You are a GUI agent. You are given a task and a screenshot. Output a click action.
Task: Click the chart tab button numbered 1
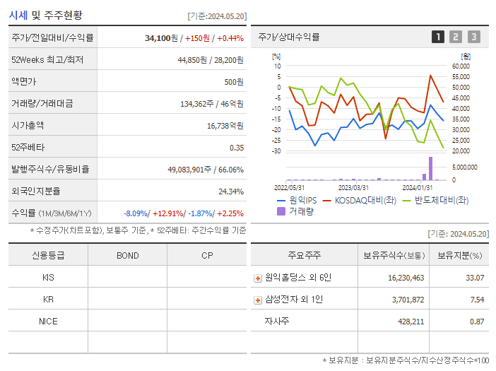[x=438, y=37]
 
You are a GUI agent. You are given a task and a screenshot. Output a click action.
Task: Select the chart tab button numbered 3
[x=473, y=37]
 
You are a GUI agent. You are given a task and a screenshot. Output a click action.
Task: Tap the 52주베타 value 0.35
[x=236, y=147]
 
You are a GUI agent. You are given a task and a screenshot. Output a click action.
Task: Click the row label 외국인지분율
[x=36, y=191]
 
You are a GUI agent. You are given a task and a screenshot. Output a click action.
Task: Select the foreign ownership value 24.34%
[x=230, y=191]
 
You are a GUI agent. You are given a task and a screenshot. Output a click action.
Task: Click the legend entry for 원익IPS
[x=295, y=200]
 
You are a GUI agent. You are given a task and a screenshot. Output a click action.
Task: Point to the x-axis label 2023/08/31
[x=353, y=187]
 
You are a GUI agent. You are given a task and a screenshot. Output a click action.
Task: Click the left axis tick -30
[x=276, y=151]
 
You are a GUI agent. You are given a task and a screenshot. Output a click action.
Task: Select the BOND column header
[x=127, y=255]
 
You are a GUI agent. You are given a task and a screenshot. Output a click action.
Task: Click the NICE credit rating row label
[x=48, y=321]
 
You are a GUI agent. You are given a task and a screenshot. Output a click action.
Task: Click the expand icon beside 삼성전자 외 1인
[x=258, y=300]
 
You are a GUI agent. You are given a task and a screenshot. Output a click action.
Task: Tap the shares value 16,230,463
[x=406, y=278]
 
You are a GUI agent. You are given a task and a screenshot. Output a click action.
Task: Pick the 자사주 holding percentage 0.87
[x=477, y=322]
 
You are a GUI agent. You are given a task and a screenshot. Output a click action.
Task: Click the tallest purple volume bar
[x=430, y=169]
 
